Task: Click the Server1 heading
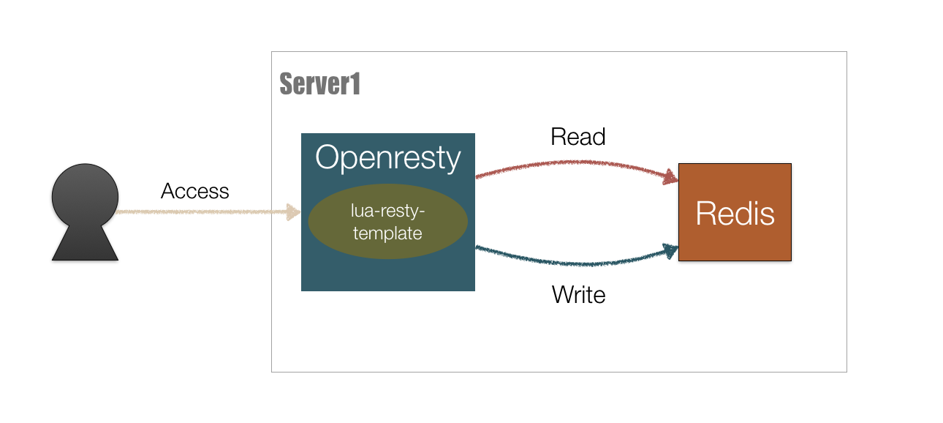(x=320, y=85)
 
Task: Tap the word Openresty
(x=387, y=158)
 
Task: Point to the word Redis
(x=735, y=213)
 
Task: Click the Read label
(x=578, y=137)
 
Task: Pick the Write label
(x=578, y=295)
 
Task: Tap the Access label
(x=195, y=192)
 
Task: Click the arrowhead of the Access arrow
(x=295, y=212)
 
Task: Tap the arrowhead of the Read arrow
(x=671, y=176)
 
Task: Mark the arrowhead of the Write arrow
(x=670, y=250)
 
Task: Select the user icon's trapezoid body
(x=85, y=244)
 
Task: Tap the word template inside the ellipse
(x=387, y=234)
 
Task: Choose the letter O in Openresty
(x=328, y=158)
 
